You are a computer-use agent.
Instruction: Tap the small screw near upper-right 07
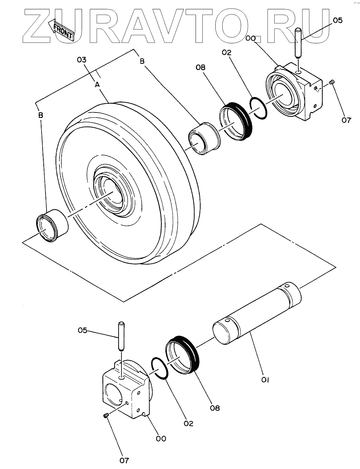pos(332,82)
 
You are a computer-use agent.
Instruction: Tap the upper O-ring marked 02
pos(259,107)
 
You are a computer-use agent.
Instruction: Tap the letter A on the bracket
pos(97,85)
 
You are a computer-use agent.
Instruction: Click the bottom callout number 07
pos(124,461)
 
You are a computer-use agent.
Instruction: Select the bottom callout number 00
pos(161,438)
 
